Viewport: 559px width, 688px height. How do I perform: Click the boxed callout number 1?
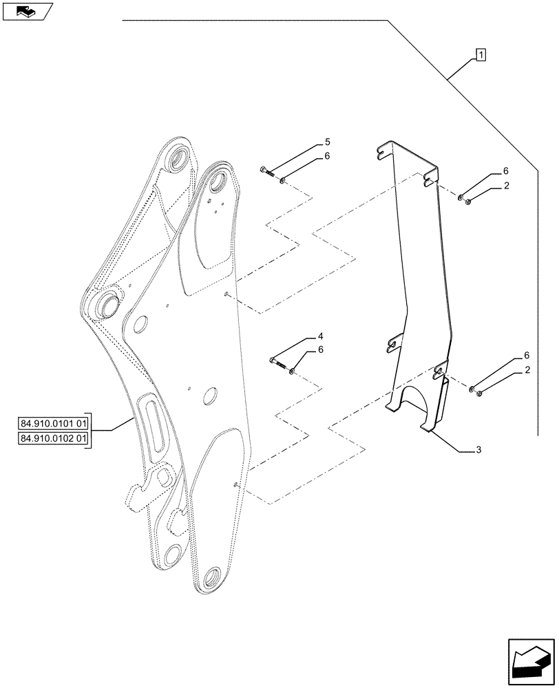[x=480, y=54]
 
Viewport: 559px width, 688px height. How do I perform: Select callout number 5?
[x=327, y=143]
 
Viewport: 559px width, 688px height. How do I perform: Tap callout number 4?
[x=320, y=337]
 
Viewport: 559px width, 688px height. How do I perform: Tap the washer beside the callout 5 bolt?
[x=283, y=181]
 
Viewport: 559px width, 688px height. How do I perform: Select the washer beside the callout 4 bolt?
[x=293, y=372]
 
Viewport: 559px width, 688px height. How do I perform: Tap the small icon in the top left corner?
[x=26, y=11]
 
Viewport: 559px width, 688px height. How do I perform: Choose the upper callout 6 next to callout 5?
[x=327, y=156]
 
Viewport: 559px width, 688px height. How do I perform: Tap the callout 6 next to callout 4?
[x=320, y=350]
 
